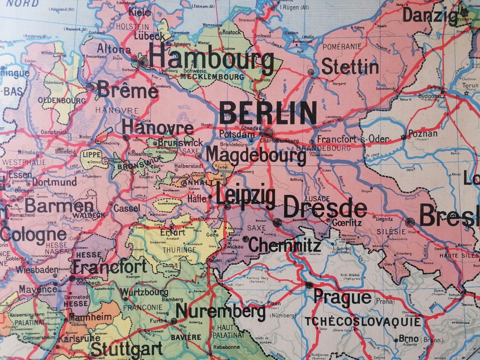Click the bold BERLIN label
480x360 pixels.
[268, 112]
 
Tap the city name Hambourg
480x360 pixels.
[211, 60]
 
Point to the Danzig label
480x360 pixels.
[430, 15]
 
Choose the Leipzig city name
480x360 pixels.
[246, 196]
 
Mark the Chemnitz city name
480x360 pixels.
[284, 246]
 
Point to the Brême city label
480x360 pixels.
[127, 90]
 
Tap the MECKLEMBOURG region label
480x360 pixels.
[212, 77]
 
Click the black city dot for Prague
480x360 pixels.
[309, 285]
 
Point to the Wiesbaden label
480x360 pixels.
[37, 270]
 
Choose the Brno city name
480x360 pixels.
[408, 339]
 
